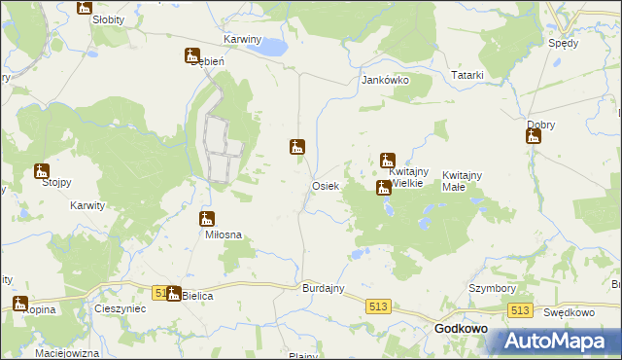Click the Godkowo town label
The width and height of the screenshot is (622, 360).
pyautogui.click(x=461, y=329)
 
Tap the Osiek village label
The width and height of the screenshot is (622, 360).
pyautogui.click(x=325, y=186)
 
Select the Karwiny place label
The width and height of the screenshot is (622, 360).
pyautogui.click(x=243, y=40)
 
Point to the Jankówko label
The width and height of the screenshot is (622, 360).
pyautogui.click(x=385, y=81)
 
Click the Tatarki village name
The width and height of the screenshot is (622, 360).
pyautogui.click(x=466, y=75)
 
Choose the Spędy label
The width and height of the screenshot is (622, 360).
pyautogui.click(x=563, y=43)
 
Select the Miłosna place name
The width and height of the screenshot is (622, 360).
pyautogui.click(x=223, y=234)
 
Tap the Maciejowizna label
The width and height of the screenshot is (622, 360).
pyautogui.click(x=74, y=352)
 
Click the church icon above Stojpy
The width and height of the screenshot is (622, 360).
pyautogui.click(x=42, y=171)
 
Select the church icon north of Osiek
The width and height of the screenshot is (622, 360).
pyautogui.click(x=298, y=148)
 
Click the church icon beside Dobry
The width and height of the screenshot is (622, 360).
pyautogui.click(x=533, y=138)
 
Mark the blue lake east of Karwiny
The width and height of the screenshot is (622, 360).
pyautogui.click(x=274, y=47)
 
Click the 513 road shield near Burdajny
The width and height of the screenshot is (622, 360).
pyautogui.click(x=380, y=306)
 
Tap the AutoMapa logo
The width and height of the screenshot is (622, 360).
pyautogui.click(x=557, y=342)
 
